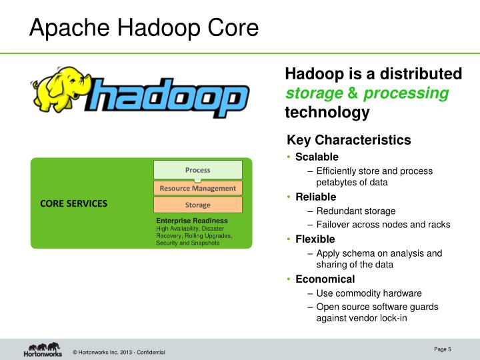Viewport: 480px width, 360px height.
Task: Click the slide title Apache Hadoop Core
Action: point(143,27)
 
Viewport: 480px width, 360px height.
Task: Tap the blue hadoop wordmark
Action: point(169,99)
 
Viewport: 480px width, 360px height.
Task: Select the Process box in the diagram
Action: point(198,170)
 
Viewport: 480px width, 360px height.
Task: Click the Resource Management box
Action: point(198,188)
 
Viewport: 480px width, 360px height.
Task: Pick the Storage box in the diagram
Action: point(198,205)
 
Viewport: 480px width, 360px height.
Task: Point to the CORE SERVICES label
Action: point(74,203)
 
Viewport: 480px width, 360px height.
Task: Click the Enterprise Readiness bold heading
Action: point(192,221)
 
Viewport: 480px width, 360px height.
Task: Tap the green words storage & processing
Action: point(367,93)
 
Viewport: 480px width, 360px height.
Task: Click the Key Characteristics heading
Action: point(349,140)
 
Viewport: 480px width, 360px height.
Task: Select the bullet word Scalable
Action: point(317,157)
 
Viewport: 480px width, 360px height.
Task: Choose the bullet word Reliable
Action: point(315,197)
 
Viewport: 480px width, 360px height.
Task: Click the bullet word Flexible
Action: point(315,239)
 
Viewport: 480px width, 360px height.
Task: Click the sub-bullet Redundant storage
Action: point(355,211)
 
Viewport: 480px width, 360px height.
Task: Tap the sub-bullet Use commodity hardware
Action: point(369,293)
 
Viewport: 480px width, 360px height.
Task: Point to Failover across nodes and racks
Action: point(383,225)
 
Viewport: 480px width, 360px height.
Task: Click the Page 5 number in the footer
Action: point(443,349)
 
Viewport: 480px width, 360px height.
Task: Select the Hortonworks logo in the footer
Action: point(43,350)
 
